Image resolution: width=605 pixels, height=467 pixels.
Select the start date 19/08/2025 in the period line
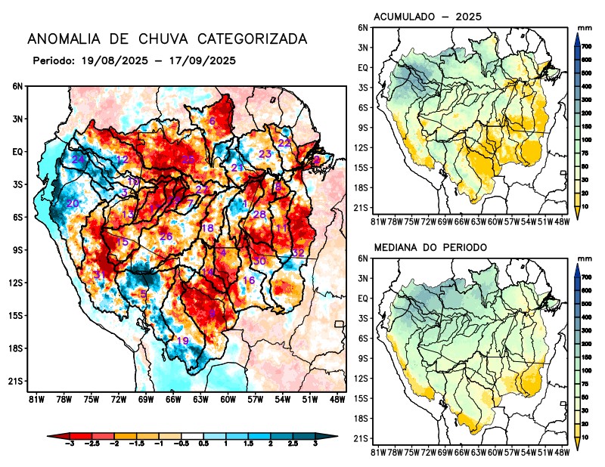point(111,60)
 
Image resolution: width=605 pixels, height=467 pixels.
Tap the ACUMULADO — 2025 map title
point(428,17)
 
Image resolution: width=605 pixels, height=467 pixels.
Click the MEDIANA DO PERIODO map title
point(431,247)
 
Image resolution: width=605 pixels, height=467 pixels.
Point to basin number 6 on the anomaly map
point(213,122)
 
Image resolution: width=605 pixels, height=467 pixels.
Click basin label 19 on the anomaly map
point(182,341)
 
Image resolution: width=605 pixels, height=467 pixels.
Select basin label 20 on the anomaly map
point(73,203)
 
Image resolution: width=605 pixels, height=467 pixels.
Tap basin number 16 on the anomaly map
point(248,281)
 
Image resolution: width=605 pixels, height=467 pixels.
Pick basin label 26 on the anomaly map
point(166,237)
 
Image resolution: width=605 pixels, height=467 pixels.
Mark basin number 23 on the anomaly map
point(265,154)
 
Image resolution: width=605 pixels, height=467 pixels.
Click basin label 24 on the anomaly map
point(78,159)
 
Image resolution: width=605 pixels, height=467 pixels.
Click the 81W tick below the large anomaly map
point(35,399)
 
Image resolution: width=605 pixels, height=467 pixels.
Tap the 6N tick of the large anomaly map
point(18,86)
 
